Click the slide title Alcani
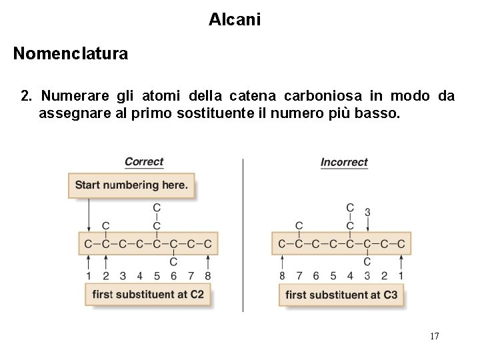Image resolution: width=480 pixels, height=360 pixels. (x=235, y=20)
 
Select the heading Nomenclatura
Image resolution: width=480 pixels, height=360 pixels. (x=71, y=53)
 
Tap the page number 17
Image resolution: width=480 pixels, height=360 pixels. (x=434, y=336)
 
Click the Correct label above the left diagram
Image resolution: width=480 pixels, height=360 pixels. (x=144, y=162)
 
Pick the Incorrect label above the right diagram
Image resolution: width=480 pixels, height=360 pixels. (x=344, y=162)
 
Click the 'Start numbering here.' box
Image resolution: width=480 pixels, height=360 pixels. (x=131, y=185)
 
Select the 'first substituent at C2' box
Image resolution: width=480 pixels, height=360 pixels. (x=148, y=294)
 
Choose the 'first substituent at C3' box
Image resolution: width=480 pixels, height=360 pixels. (x=341, y=294)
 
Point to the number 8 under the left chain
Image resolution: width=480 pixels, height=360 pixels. (x=208, y=275)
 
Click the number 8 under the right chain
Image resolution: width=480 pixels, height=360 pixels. (x=282, y=275)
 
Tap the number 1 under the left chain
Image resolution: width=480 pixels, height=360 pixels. (x=89, y=275)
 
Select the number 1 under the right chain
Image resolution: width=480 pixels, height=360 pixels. (x=401, y=275)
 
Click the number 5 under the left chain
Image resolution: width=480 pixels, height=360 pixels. (x=157, y=275)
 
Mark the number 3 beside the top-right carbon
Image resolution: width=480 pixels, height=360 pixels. (x=367, y=213)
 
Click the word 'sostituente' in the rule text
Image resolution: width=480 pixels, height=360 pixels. (x=213, y=113)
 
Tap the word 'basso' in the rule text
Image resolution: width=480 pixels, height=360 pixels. (x=379, y=113)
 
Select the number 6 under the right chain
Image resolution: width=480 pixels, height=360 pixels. (x=316, y=275)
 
